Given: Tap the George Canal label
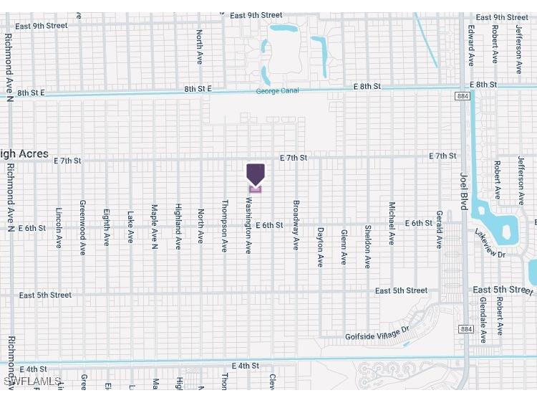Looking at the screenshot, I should [277, 91].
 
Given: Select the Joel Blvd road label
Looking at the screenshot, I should [463, 190].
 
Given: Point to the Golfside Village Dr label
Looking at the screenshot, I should [377, 333].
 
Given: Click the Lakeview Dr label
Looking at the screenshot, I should [490, 243].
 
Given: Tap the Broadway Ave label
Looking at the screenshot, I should [296, 224].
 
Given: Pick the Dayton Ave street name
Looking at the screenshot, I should [320, 247].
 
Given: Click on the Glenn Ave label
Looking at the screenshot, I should [344, 247].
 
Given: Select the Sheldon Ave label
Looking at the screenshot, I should [368, 246].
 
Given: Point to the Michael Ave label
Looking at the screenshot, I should [392, 223].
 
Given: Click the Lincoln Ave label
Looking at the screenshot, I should [59, 228].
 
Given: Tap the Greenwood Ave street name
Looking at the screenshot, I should [83, 228].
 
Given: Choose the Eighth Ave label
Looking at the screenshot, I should [107, 227].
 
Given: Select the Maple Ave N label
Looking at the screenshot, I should [155, 227].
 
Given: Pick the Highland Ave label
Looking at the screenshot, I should [178, 227].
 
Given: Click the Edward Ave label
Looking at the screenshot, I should [471, 45].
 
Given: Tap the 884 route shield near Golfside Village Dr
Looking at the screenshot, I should [466, 329].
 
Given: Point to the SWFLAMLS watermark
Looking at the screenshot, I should [32, 381].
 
